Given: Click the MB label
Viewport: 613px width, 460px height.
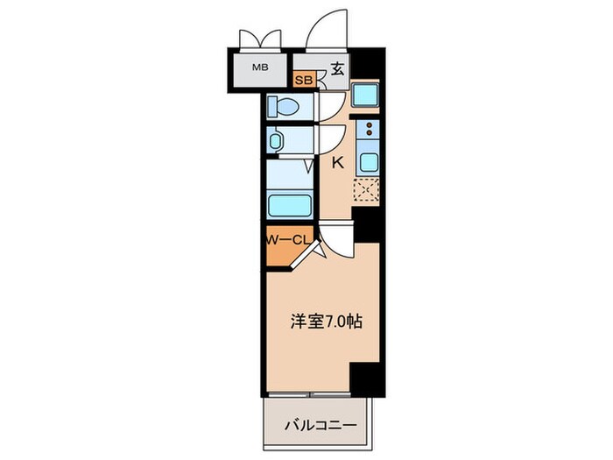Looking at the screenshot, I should point(261,67).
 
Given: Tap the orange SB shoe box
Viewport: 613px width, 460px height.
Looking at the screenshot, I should point(303,81).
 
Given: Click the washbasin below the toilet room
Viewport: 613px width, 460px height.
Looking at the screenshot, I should point(277,140).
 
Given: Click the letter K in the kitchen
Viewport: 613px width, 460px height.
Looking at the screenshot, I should point(336,162).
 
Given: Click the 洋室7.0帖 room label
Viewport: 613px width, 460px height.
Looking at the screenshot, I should point(325,322).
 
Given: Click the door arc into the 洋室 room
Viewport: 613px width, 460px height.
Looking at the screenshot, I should point(336,239).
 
